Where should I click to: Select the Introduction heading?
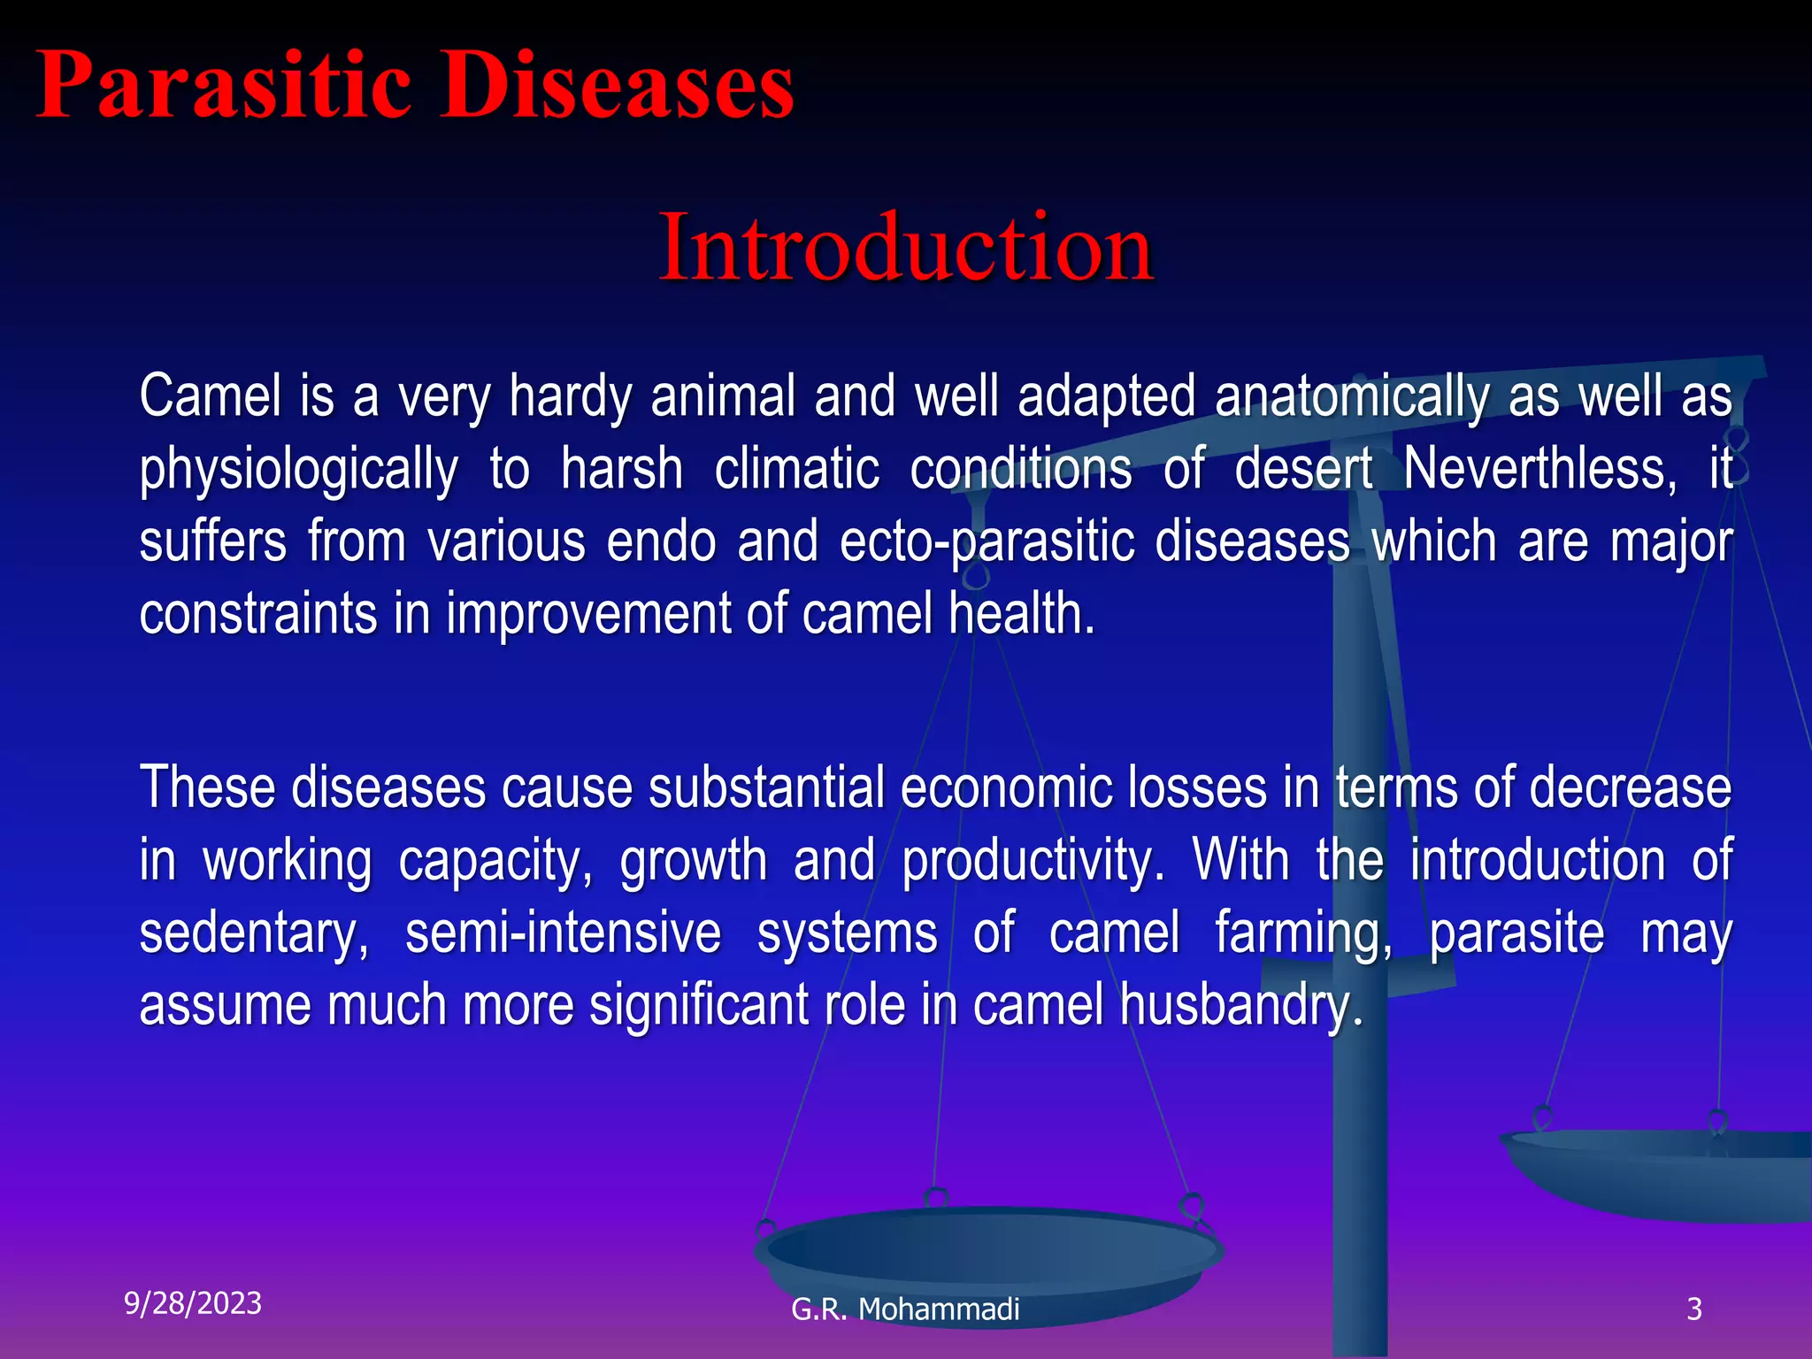[x=905, y=247]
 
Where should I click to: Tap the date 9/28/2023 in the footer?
[x=193, y=1303]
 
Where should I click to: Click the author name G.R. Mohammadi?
[x=905, y=1309]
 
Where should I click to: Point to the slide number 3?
[x=1693, y=1309]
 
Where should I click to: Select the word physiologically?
[x=298, y=470]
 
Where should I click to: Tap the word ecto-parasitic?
[x=987, y=541]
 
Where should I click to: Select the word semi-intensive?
[x=563, y=933]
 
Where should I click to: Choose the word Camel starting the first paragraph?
[x=210, y=396]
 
